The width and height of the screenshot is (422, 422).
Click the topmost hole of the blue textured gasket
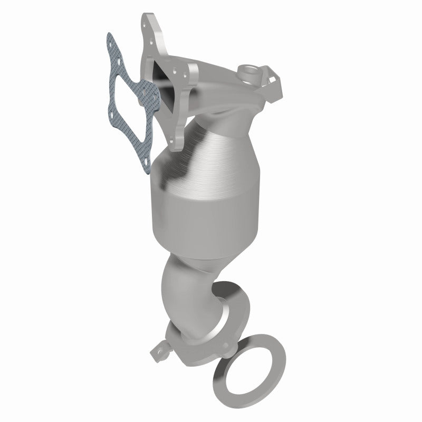(110, 39)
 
